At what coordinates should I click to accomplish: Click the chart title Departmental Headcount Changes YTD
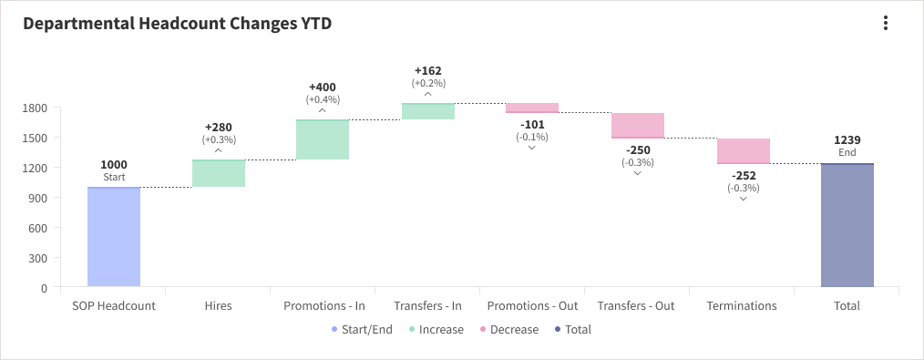pos(177,25)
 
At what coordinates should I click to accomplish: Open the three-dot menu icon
pos(885,24)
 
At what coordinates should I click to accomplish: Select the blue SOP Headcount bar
pos(114,237)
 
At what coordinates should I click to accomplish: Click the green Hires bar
pos(219,173)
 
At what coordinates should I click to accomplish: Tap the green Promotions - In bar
pos(323,139)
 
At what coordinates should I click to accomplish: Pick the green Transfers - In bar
pos(428,111)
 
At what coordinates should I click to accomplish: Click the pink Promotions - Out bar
pos(532,108)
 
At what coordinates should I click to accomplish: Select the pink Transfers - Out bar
pos(638,125)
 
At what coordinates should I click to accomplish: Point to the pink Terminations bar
pos(744,150)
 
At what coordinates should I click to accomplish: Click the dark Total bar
pos(847,226)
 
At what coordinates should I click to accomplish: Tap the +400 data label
pos(323,87)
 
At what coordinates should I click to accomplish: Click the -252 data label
pos(744,175)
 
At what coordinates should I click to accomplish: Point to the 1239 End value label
pos(847,140)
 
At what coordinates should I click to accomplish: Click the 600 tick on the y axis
pos(38,228)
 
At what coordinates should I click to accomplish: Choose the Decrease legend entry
pos(508,329)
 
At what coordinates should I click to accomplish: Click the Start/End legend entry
pos(362,329)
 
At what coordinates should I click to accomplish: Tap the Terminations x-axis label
pos(742,306)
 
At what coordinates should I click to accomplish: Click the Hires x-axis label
pos(219,306)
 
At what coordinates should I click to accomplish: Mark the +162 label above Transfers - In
pos(428,70)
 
